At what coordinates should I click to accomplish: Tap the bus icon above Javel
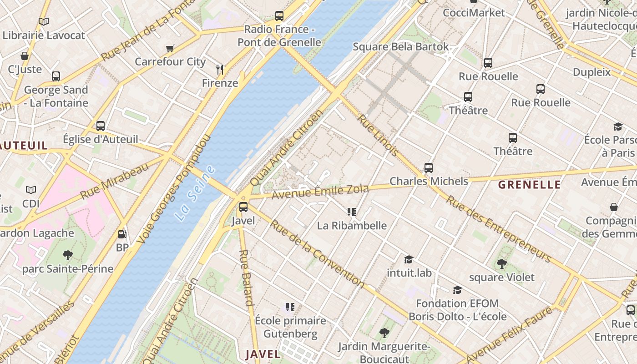click(243, 207)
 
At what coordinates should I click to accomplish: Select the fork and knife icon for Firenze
click(220, 69)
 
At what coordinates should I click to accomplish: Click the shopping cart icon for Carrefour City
click(170, 48)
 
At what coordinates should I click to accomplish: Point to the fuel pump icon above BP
click(122, 234)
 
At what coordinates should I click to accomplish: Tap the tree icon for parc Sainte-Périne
click(68, 255)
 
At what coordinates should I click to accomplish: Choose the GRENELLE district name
click(529, 185)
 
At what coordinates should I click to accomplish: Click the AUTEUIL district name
click(24, 146)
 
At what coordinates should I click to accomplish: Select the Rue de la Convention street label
click(317, 253)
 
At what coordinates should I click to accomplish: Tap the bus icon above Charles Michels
click(429, 167)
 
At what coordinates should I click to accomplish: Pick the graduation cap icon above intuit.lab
click(409, 259)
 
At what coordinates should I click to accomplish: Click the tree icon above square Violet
click(501, 263)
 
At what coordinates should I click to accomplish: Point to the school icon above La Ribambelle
click(352, 212)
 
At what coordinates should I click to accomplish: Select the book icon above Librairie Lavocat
click(44, 21)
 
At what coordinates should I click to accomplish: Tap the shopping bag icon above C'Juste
click(25, 56)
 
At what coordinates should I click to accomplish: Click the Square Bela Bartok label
click(401, 47)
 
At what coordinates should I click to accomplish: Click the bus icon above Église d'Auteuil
click(101, 126)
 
